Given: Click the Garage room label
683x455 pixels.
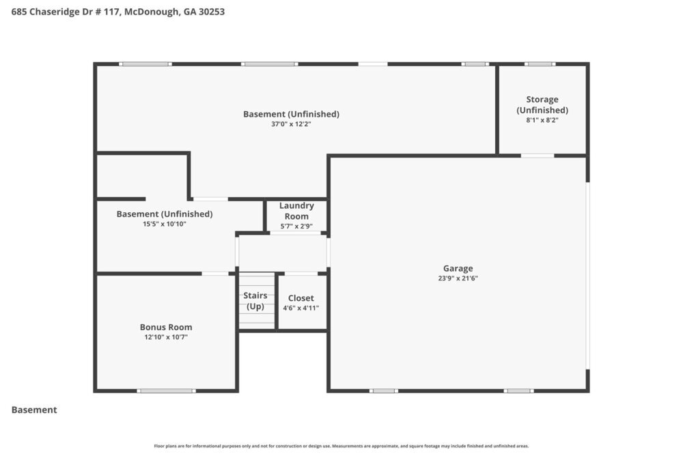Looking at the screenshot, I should point(458,268).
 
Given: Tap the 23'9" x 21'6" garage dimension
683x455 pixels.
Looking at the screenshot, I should point(458,278).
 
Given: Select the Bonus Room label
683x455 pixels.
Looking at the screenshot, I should point(166,327).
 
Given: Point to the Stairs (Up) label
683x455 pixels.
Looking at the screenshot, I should point(255,301).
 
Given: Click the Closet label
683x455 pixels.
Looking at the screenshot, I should point(301,298).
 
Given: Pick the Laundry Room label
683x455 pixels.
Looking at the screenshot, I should point(296,211).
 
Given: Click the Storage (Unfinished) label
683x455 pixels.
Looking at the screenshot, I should point(542,104).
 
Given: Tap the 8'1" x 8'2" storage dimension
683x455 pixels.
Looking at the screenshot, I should point(542,120).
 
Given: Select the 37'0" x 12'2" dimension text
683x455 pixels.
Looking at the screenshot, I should point(291,124).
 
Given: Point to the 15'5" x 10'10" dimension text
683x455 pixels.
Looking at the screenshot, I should point(164,224).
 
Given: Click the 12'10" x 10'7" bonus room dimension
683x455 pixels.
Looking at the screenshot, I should point(166,337).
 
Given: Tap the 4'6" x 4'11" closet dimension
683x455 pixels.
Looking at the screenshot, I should point(301,308).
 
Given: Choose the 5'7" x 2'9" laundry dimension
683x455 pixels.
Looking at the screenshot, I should point(296,226).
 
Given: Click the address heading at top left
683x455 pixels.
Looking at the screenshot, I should point(118,12).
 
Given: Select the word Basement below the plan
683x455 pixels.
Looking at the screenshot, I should point(34,410).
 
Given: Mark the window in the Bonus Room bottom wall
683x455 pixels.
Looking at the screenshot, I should point(166,391).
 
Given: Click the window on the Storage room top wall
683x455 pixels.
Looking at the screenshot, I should point(540,64).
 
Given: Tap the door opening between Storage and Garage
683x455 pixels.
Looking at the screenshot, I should point(538,156).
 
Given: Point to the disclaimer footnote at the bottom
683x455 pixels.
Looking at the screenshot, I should point(341,446).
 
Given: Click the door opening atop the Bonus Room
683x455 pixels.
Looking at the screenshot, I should point(215,274).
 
